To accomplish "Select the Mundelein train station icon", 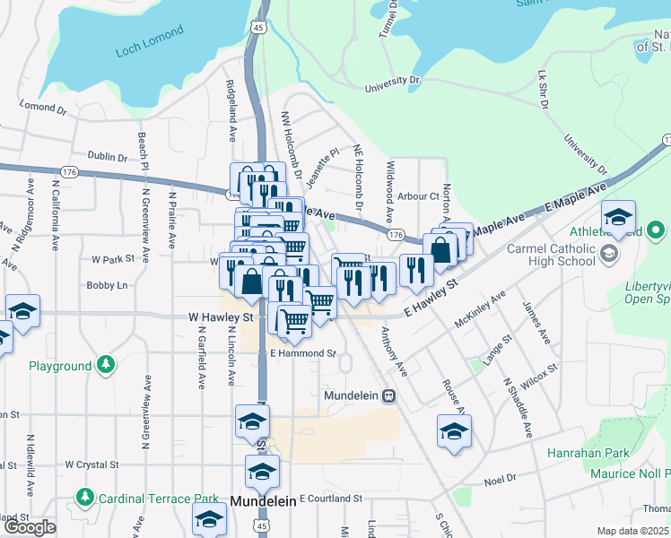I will point(388,395).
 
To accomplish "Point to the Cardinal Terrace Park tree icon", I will point(85,497).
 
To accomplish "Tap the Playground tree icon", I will point(106,365).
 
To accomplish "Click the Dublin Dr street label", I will point(109,157).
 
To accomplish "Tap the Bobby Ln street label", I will point(107,285).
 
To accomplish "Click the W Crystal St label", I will point(91,465).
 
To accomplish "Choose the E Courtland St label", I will point(334,498).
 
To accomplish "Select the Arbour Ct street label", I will point(418,195).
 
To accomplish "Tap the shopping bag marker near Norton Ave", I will point(440,250).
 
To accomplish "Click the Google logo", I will point(29,527).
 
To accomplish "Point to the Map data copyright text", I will point(633,531).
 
